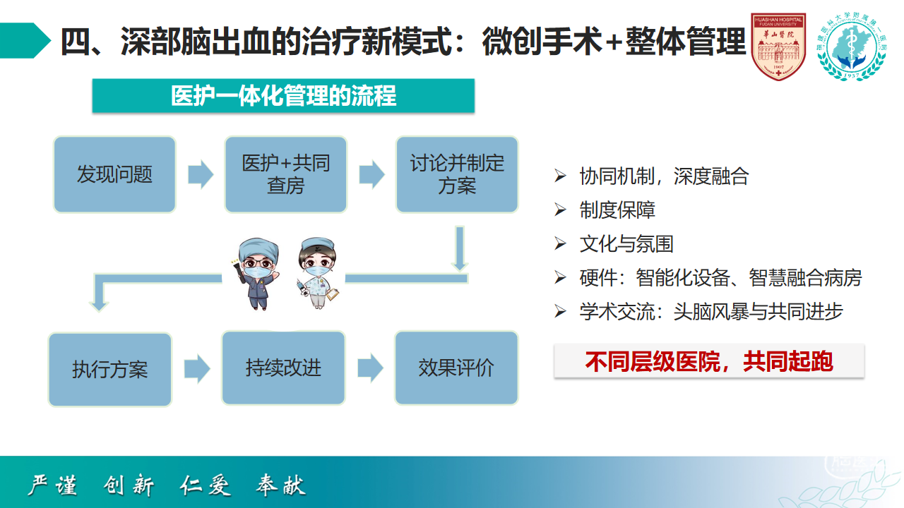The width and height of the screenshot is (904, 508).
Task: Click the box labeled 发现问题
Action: coord(114,174)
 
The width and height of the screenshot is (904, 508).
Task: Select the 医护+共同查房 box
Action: coord(286,174)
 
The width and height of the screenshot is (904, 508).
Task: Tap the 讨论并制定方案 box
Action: coord(457,174)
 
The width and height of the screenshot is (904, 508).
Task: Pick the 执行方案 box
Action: coord(109,369)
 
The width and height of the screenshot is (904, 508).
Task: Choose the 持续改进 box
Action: coord(283,368)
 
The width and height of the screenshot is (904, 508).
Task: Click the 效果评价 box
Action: coord(456,368)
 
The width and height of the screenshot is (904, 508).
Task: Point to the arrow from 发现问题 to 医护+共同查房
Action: coord(201,174)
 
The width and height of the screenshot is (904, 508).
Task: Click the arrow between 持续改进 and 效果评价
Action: coord(370,368)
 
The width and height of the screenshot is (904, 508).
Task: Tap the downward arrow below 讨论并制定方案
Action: coord(460,248)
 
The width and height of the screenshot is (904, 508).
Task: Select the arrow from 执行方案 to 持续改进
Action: coord(197,369)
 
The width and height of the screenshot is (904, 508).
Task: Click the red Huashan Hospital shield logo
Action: coord(778,46)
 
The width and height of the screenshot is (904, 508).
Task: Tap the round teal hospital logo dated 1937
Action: coord(852,46)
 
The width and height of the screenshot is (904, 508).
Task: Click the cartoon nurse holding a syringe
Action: coord(318,273)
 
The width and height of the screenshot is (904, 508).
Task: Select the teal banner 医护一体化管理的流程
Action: coord(283,95)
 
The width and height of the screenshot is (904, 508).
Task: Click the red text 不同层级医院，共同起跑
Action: coord(709,361)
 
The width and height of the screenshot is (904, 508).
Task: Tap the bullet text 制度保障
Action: coord(617,210)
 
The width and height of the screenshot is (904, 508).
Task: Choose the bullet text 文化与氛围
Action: coord(626,244)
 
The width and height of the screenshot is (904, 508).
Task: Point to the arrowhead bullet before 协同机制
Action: coord(560,176)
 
